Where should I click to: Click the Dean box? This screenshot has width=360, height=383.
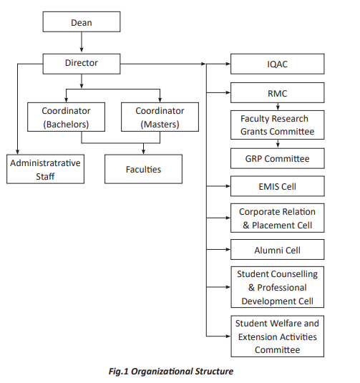click(82, 21)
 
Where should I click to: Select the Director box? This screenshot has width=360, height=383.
click(82, 64)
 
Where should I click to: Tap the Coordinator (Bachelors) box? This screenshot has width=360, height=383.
click(66, 117)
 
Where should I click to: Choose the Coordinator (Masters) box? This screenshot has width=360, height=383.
click(160, 117)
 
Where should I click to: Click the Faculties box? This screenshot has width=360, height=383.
click(143, 169)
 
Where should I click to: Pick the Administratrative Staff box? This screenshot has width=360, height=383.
click(45, 169)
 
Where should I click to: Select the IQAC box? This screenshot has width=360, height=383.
click(278, 64)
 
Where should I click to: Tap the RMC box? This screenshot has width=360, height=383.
click(278, 92)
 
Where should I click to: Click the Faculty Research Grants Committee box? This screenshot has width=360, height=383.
click(278, 125)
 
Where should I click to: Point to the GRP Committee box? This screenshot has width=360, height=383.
click(278, 158)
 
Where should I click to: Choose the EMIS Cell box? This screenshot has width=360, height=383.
click(278, 186)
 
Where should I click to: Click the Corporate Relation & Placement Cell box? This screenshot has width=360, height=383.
click(278, 218)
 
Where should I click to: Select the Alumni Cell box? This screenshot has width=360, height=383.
click(278, 249)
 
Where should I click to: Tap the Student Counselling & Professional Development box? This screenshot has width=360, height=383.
click(278, 287)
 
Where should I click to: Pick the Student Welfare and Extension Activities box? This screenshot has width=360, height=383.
click(278, 336)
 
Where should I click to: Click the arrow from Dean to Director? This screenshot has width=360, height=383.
click(82, 42)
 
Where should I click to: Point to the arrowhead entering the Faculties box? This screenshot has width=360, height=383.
click(143, 152)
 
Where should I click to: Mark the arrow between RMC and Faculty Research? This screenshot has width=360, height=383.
click(278, 107)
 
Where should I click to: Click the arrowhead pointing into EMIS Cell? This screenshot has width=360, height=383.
click(228, 186)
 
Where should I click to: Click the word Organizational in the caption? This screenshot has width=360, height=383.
click(159, 372)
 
